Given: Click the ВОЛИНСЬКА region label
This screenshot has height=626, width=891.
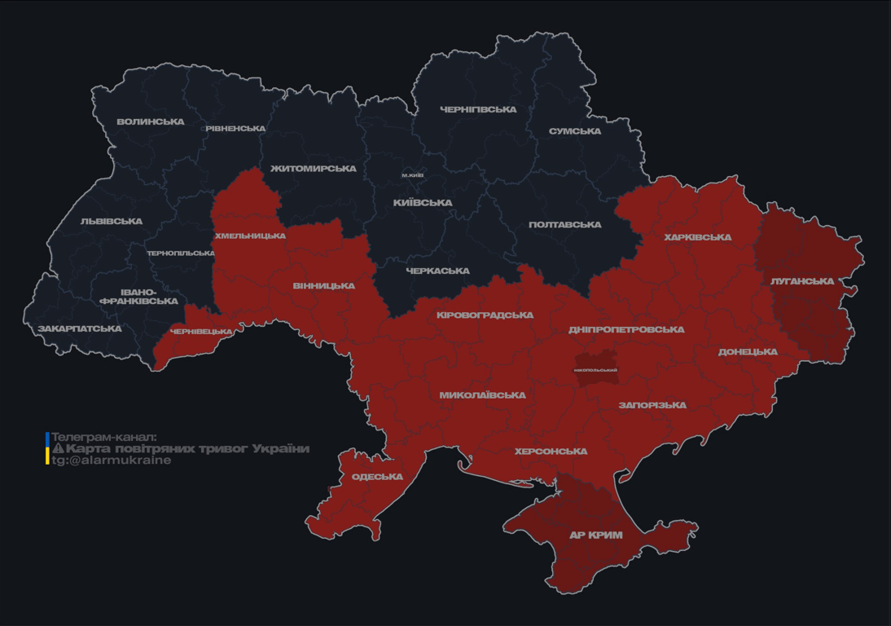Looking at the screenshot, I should point(151,122).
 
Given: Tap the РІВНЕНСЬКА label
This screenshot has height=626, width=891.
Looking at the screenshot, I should point(235,129).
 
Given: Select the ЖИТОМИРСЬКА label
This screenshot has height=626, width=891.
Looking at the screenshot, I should point(314,169).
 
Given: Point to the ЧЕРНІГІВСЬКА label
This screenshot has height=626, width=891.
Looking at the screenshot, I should point(478,109).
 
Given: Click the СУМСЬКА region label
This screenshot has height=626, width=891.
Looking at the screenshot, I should point(575,131).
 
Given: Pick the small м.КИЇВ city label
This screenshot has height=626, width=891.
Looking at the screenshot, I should point(413,175).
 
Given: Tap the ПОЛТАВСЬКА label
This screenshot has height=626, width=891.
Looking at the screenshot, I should point(565,225).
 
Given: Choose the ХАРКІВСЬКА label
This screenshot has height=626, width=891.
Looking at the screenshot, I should point(697,238).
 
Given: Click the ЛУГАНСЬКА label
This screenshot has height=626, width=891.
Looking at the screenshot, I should point(802,281).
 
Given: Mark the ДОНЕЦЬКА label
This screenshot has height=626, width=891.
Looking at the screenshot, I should point(748,352).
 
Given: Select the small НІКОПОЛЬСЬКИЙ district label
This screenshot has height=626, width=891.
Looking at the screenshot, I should point(595,370).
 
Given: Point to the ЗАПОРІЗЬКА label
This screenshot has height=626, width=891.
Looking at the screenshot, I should point(652,405).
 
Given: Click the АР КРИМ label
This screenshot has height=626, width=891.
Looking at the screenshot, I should point(595,536).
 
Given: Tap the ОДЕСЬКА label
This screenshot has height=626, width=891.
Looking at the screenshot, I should point(377,477).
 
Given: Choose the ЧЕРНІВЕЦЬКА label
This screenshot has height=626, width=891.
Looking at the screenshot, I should point(201,332).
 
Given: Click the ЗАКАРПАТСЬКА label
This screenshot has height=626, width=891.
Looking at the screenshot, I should point(80,329).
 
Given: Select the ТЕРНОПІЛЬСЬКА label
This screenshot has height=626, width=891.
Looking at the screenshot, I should point(181,253).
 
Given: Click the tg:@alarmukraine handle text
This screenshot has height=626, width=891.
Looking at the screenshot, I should point(112,461).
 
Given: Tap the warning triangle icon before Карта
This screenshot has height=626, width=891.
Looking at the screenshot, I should point(58,448).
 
